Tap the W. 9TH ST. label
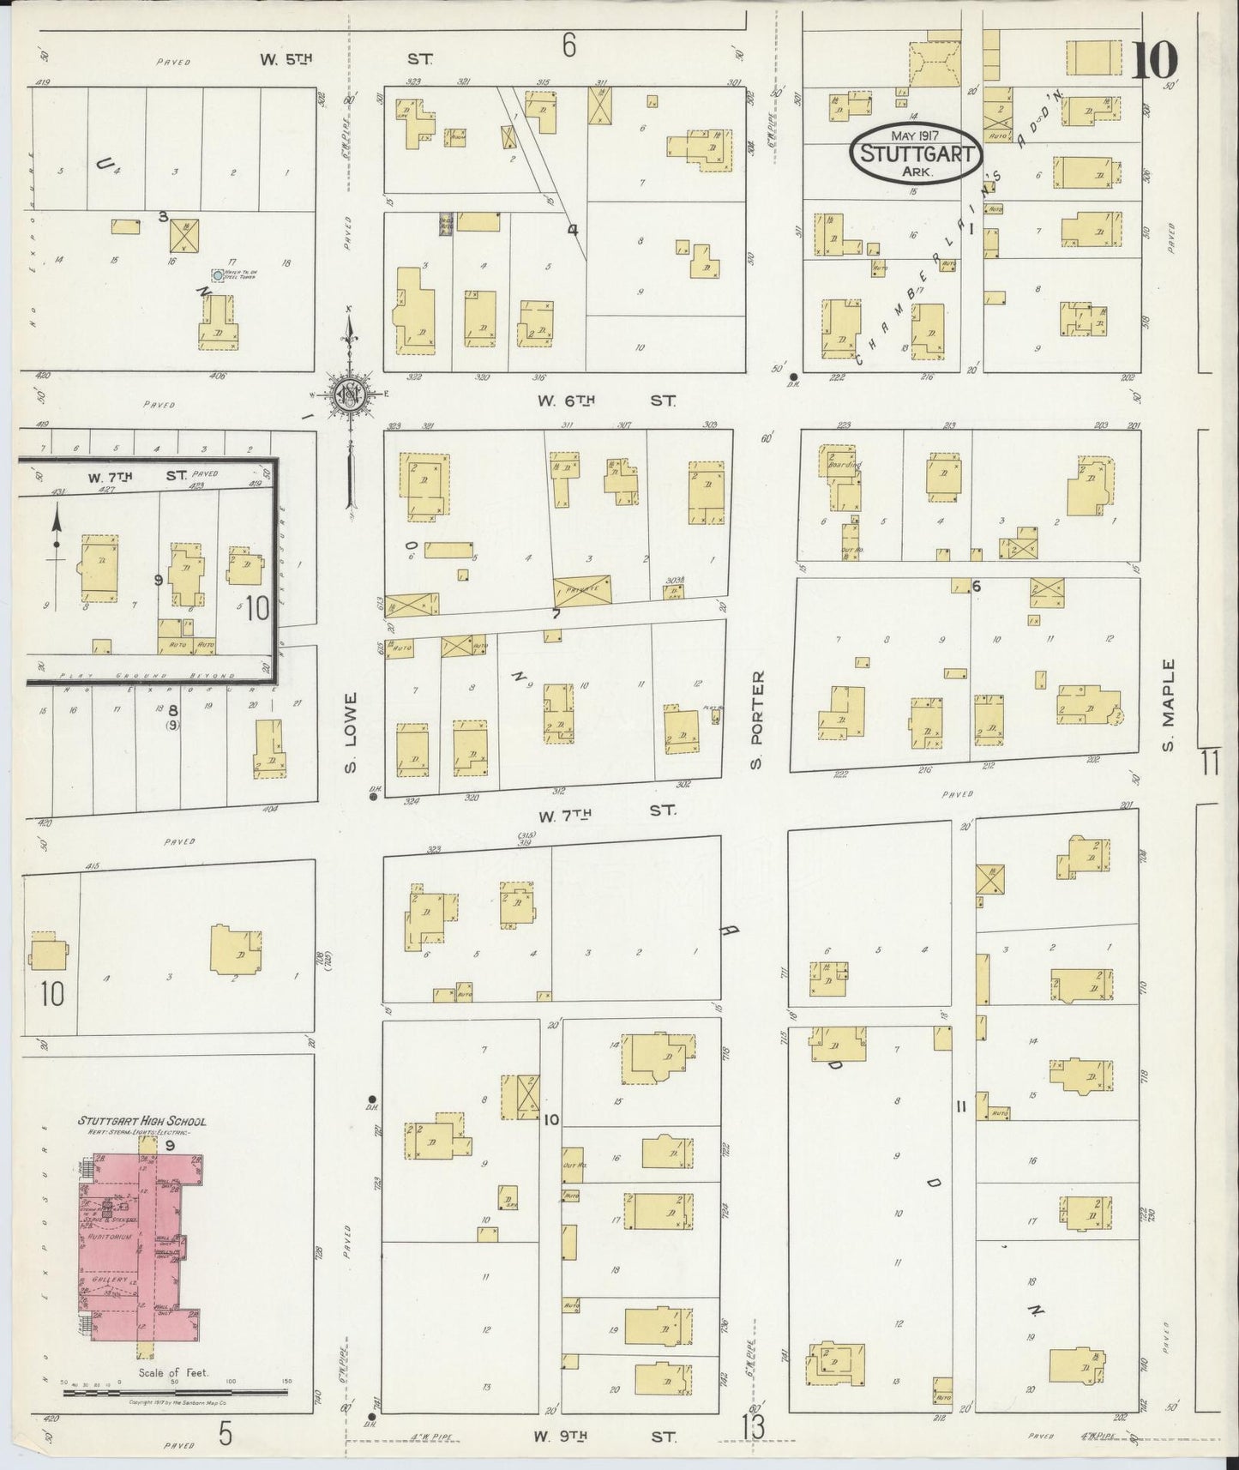605,1437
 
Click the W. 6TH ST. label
605,400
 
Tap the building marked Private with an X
583,591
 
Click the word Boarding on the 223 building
840,464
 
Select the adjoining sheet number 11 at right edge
1210,762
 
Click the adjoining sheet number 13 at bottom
753,1428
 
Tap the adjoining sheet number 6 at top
568,46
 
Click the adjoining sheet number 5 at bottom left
225,1433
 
